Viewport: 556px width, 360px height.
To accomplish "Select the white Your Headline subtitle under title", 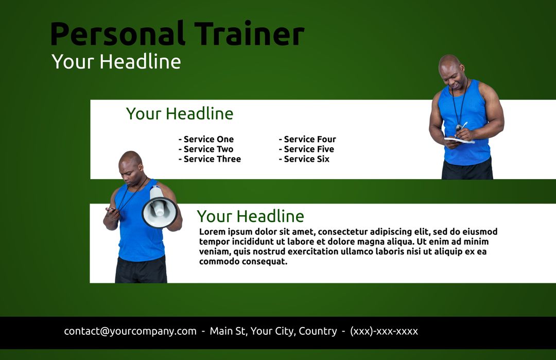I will point(116,62).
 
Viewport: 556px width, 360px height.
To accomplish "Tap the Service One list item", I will point(206,139).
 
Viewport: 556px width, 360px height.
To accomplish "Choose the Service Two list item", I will point(206,149).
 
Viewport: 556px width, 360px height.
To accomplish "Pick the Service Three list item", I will point(210,159).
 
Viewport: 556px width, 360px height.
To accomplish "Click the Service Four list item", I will point(308,139).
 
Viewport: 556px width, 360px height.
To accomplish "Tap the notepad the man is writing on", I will point(458,140).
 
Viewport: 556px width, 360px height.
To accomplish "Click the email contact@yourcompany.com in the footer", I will point(130,331).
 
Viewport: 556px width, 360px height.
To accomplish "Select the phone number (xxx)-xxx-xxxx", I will point(384,331).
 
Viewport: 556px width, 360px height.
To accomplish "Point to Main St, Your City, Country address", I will point(273,331).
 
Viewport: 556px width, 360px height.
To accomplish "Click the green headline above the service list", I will point(180,114).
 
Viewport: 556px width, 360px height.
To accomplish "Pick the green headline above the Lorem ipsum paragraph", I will point(250,216).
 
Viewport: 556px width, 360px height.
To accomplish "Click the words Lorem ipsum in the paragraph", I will point(225,232).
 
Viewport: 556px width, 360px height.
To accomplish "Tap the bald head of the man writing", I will point(449,63).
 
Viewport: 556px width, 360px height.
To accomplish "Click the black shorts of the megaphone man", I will point(141,270).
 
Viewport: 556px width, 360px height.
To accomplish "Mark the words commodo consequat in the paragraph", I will point(243,261).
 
